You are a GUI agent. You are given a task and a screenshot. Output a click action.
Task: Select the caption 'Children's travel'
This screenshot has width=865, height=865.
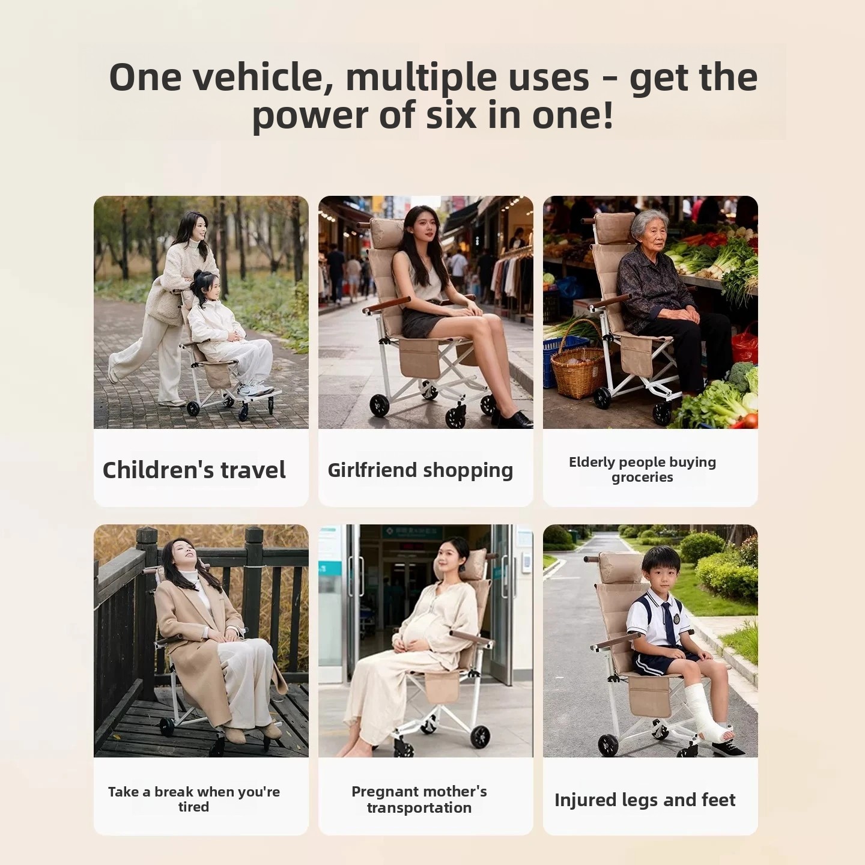coord(194,470)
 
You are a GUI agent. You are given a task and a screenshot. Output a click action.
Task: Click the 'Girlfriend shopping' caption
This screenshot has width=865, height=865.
coord(420,470)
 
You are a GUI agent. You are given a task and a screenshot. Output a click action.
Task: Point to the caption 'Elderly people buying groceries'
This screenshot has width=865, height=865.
coord(642,469)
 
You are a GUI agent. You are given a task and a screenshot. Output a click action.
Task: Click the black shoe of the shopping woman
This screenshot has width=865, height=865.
coord(514,420)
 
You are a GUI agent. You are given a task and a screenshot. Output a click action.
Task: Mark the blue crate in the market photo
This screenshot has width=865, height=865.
coord(559,359)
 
